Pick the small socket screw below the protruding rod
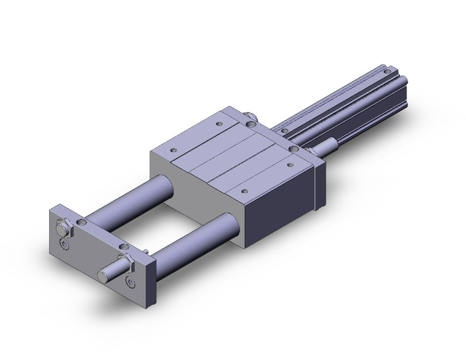(131, 281)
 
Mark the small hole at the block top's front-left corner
(174, 150)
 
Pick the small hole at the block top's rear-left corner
(220, 123)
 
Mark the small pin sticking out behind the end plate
(148, 251)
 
